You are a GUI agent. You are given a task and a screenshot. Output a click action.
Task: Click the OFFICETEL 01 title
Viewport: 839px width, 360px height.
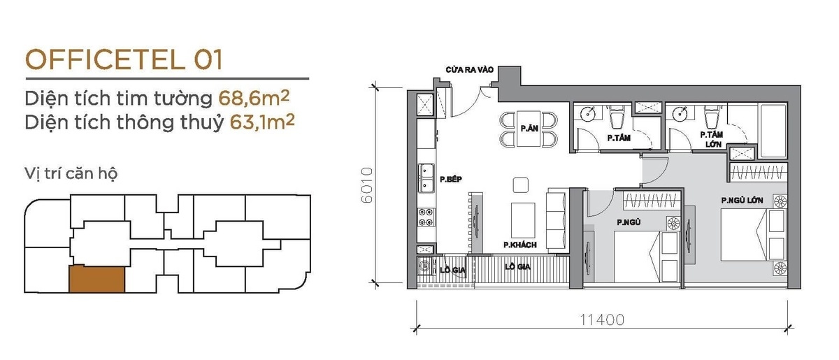tap(124, 59)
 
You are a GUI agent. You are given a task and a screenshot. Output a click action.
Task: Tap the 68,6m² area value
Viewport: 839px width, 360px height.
tap(254, 98)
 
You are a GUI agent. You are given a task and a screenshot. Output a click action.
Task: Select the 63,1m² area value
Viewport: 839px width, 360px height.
tap(262, 122)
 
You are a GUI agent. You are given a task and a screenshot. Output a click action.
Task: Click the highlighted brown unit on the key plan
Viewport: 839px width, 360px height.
tap(96, 280)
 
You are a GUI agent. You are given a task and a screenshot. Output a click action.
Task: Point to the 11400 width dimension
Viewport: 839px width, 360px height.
tap(602, 320)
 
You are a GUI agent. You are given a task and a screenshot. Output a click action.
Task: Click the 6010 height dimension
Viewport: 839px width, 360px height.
tap(367, 185)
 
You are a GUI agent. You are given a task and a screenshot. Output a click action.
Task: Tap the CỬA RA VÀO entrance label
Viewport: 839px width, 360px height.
tap(469, 70)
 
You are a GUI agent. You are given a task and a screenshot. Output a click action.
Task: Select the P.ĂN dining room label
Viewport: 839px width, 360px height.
tap(529, 129)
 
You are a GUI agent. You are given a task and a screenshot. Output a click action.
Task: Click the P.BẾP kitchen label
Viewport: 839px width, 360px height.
tap(450, 180)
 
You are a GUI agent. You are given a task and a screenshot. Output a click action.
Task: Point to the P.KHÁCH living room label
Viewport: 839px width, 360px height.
tap(520, 245)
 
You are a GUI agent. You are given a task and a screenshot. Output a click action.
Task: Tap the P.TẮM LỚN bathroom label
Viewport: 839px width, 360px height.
tap(712, 139)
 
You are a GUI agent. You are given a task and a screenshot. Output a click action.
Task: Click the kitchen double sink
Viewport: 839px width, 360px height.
tap(426, 178)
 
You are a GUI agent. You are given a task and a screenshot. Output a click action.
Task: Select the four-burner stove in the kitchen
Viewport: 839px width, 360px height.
tap(426, 217)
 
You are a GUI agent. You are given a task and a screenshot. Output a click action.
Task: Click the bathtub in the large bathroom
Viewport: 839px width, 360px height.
tap(773, 131)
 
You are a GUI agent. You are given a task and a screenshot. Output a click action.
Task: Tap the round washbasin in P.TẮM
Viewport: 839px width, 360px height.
tap(589, 113)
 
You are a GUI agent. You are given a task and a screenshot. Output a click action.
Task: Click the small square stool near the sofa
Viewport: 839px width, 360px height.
tap(521, 185)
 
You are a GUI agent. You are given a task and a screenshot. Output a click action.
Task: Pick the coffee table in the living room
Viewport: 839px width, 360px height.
tap(523, 220)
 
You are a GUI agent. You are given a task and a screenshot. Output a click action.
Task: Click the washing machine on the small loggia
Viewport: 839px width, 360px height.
tap(425, 267)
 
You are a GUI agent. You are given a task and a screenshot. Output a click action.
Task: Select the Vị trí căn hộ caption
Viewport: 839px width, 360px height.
tap(71, 174)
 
